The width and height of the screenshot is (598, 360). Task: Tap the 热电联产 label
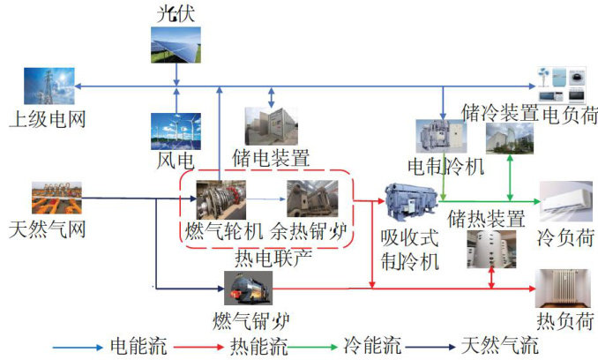265,259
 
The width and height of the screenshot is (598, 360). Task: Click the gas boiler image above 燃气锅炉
247,288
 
